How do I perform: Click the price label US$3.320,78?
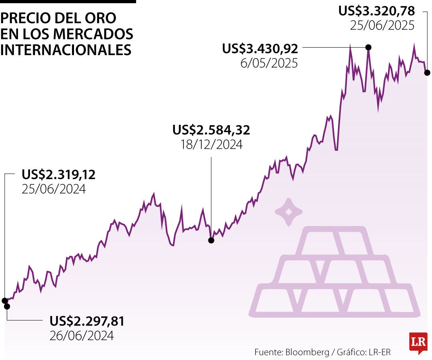pos(376,10)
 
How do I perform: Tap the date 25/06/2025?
pos(382,25)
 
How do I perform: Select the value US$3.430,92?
pos(260,49)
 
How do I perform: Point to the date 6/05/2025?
pos(269,63)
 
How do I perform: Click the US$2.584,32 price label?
pos(211,130)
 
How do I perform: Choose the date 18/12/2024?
pos(211,144)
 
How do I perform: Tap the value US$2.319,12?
pos(59,174)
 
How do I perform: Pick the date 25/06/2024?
pos(54,189)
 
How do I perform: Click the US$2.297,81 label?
pos(87,321)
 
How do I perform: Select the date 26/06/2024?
pos(82,335)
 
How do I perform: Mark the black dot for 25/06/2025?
pos(427,73)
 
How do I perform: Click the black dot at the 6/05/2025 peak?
pos(368,48)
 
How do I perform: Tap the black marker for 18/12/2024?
pos(211,240)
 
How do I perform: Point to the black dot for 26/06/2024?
pos(7,306)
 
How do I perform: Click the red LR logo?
pos(418,342)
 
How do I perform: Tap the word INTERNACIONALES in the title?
pos(66,50)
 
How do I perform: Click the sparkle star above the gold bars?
pos(288,212)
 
